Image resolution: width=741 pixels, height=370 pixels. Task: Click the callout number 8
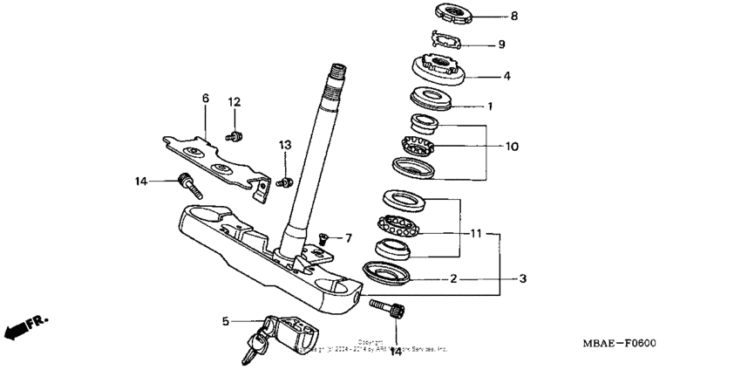513,16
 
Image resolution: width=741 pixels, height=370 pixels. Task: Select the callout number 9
500,44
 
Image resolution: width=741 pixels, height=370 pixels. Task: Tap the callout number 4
506,76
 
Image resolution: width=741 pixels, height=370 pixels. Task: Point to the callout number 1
490,106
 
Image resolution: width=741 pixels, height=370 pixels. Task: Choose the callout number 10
512,146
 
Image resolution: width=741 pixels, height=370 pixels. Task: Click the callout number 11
476,234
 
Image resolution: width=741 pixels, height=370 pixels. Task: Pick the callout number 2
454,279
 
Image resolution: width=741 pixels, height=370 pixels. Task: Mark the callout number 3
522,279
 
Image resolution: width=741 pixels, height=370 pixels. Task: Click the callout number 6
206,99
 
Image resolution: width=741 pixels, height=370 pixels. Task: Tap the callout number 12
234,102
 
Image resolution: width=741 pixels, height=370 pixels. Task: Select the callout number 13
284,144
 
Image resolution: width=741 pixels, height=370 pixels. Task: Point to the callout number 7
347,237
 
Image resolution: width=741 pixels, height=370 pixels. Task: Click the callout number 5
225,321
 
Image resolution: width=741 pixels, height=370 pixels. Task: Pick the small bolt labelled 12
235,135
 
